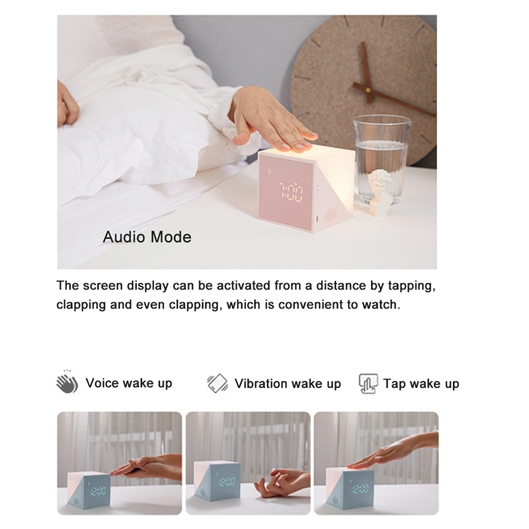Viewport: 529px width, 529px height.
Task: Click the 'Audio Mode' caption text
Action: (147, 237)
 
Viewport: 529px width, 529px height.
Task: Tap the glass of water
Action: (382, 159)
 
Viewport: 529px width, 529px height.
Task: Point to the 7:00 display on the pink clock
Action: (290, 192)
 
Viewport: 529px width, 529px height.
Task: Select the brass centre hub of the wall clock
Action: (368, 91)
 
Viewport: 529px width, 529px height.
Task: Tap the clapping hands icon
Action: (67, 382)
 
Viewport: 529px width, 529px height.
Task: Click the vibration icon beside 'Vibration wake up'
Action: (218, 384)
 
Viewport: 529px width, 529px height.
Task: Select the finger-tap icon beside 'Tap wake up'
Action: (368, 384)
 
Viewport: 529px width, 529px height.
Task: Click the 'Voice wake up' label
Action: (129, 384)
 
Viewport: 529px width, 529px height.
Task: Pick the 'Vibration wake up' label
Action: (288, 384)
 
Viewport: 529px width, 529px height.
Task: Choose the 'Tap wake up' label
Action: (421, 384)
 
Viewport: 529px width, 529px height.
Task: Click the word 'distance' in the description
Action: (341, 286)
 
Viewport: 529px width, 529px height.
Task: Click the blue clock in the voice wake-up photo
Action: (89, 489)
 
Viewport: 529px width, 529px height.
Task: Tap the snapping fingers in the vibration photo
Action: (282, 481)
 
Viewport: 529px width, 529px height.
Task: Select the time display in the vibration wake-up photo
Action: (227, 481)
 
